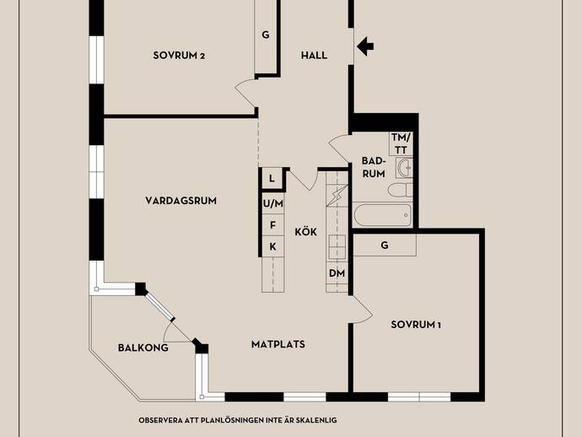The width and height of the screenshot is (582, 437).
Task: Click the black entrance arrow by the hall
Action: pos(365,46)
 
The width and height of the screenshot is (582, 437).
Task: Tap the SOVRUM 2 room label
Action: pos(179,56)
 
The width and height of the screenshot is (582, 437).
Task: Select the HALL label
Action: pos(314,56)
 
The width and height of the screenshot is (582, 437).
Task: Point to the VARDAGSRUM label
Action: pos(181,201)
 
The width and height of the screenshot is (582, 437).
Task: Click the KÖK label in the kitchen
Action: pos(306,232)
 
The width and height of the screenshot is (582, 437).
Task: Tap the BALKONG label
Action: pos(143,348)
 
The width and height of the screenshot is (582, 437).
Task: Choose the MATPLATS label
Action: pos(278,344)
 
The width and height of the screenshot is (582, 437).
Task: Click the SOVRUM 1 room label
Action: pos(416,325)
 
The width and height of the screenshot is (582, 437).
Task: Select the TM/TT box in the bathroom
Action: pos(401,143)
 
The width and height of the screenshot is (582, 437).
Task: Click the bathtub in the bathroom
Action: pos(382,215)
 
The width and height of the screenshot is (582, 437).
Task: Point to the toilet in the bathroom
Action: pos(401,190)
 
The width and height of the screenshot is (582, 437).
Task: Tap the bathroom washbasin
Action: pos(404,168)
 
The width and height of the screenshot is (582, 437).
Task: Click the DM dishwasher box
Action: pos(337,273)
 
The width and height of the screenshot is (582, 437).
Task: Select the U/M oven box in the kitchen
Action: pos(272,203)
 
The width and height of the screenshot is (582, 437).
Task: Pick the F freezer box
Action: pos(272,225)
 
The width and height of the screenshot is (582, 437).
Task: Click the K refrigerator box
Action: pos(272,246)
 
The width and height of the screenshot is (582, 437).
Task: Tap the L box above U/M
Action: pos(272,179)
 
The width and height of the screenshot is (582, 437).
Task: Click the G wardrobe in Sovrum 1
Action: pos(385,245)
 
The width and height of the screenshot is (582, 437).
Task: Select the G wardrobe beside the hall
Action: pos(266,35)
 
